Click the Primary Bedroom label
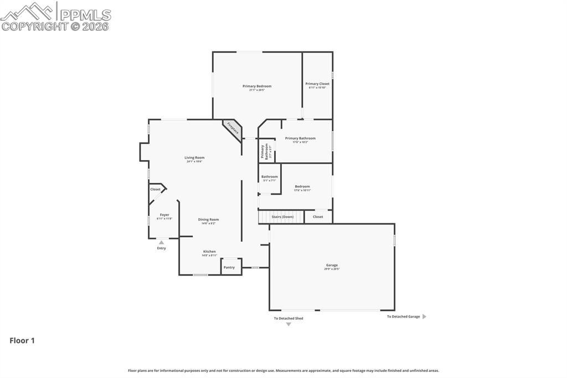[x=257, y=86]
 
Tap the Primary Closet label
[x=317, y=84]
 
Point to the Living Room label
[x=194, y=158]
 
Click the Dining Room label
[x=208, y=219]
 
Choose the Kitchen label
[x=209, y=252]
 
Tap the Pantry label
[x=229, y=267]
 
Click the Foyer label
[x=164, y=215]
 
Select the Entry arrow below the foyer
[x=161, y=242]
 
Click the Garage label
[x=332, y=265]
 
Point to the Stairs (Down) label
[x=282, y=217]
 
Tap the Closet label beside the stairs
[x=318, y=217]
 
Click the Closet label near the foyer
[x=156, y=190]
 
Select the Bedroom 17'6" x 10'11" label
[x=302, y=187]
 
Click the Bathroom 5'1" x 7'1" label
[x=270, y=177]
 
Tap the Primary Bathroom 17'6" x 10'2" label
[x=300, y=139]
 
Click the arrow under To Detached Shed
[x=288, y=324]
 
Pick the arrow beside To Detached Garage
[x=424, y=316]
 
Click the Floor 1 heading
[x=22, y=341]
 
